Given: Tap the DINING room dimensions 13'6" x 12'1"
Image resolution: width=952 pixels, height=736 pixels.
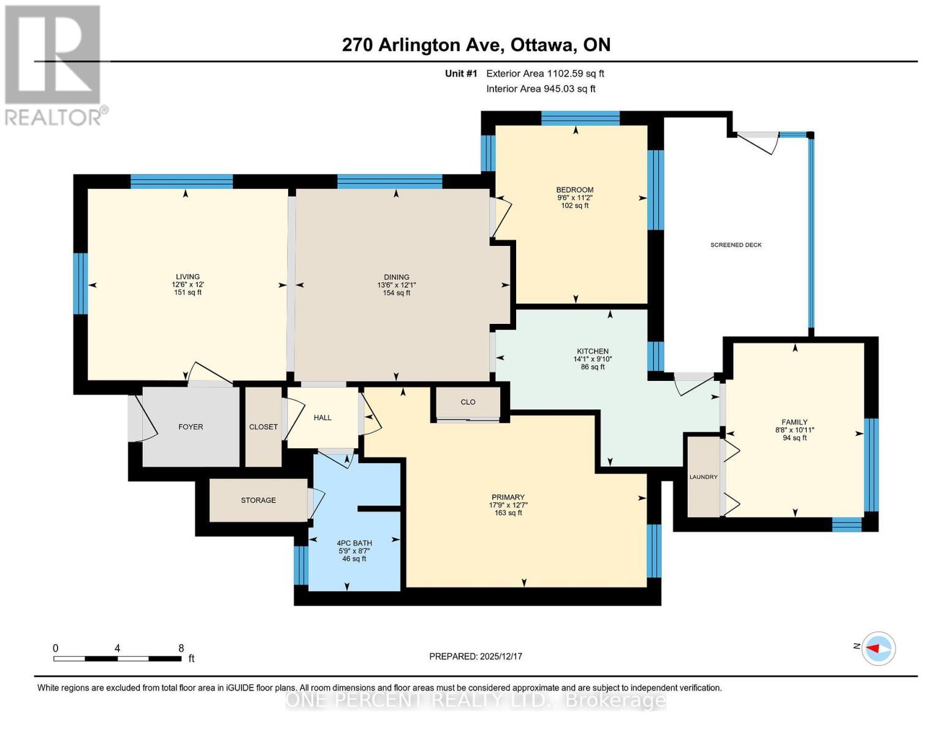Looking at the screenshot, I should (x=397, y=285).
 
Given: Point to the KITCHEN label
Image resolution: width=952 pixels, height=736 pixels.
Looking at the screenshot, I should (x=592, y=351).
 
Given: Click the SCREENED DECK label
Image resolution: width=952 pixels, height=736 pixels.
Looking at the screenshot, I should (x=736, y=245).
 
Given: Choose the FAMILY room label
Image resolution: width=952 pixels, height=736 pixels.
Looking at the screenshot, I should (x=794, y=422).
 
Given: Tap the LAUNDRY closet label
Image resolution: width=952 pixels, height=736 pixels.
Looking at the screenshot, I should (x=703, y=477).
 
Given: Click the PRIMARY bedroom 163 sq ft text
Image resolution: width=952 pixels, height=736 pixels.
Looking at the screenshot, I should (x=508, y=513).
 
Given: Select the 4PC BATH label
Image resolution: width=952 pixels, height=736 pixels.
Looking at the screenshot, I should (x=354, y=543).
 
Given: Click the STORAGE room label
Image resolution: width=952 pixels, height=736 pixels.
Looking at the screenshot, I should (x=258, y=500).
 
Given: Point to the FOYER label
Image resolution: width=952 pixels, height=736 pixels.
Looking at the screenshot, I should (x=191, y=427).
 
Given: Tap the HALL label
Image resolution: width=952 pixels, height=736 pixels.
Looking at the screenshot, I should (x=322, y=418).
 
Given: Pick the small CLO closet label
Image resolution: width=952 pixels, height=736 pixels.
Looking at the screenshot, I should (x=468, y=402).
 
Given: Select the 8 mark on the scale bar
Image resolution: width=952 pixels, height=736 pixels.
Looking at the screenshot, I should (x=181, y=648).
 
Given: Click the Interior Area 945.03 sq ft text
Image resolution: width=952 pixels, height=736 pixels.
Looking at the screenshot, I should (x=541, y=89).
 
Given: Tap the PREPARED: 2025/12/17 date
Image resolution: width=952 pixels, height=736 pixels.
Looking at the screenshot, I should (x=475, y=656).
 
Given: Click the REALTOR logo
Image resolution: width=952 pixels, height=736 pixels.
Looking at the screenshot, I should (x=53, y=64).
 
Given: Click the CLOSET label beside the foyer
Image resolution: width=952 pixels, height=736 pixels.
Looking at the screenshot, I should (x=263, y=427).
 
